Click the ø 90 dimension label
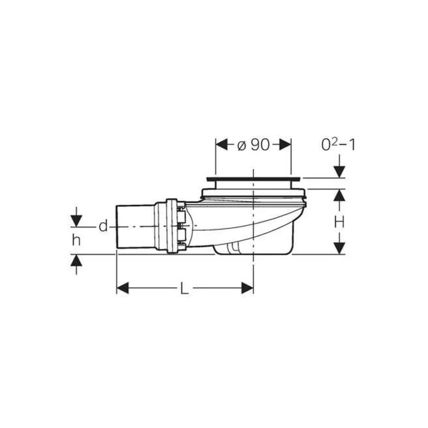254,145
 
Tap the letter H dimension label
339,222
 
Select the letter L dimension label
185,288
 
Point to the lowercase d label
103,226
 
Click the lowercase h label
76,239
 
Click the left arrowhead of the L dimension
122,288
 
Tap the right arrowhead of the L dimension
247,288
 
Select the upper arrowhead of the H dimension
339,194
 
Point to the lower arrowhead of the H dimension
339,249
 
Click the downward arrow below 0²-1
339,171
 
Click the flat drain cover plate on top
253,177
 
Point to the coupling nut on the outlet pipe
175,226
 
